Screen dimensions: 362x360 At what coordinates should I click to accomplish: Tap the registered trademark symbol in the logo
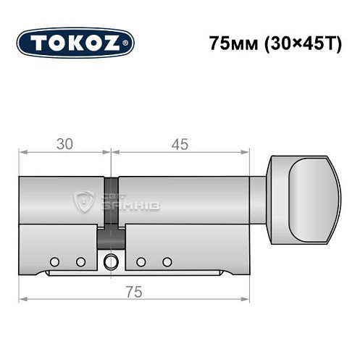coord(128,43)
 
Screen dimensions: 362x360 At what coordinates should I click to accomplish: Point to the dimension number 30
coord(64,143)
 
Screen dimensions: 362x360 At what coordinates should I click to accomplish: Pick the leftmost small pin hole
coord(54,261)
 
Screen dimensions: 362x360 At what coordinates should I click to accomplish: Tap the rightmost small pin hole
coord(167,261)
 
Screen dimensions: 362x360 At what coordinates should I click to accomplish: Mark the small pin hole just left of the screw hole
coord(80,261)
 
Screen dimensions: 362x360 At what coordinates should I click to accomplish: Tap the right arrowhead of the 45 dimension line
coord(246,152)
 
